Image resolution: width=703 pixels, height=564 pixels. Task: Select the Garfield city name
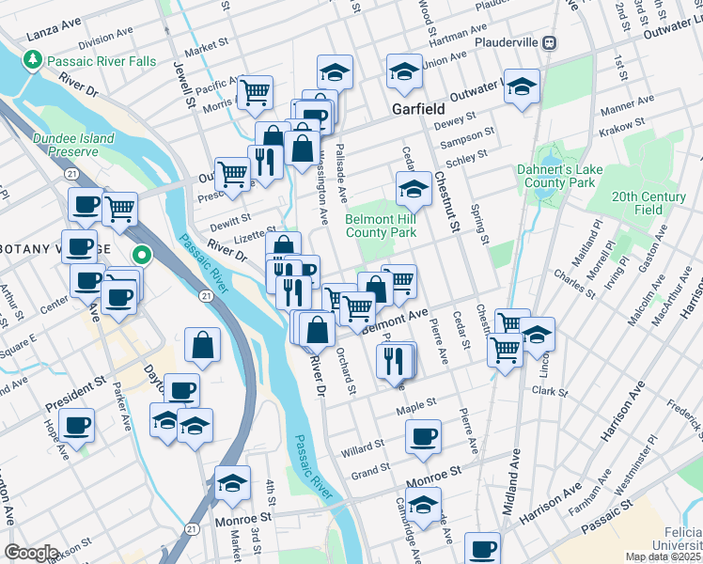pos(418,109)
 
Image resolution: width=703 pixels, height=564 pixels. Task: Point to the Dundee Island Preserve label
pos(72,145)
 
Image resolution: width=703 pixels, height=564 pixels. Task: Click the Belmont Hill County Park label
pos(381,225)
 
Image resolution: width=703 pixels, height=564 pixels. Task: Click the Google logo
pos(31,553)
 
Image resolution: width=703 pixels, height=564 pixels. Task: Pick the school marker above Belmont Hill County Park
pos(413,188)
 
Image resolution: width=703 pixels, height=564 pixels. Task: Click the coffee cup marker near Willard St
pos(423,436)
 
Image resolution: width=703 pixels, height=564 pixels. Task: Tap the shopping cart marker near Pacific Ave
pos(256,91)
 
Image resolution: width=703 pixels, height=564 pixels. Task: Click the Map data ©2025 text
pos(664,556)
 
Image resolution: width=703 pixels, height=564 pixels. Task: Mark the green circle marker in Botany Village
pos(142,254)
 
